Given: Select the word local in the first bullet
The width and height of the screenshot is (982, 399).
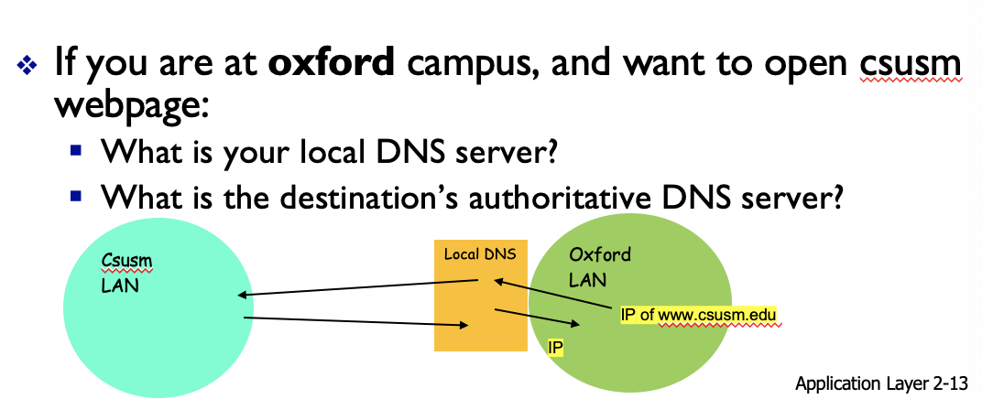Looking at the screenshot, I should pyautogui.click(x=327, y=150).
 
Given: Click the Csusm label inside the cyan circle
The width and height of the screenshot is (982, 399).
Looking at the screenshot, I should pyautogui.click(x=126, y=262).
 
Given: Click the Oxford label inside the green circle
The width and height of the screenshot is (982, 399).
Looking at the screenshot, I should pyautogui.click(x=600, y=254).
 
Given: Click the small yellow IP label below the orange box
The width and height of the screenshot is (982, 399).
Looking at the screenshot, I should pyautogui.click(x=554, y=348).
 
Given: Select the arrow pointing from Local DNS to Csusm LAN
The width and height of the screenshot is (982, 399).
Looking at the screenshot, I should pyautogui.click(x=357, y=289).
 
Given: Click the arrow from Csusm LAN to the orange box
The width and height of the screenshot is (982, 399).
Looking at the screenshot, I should pyautogui.click(x=357, y=321).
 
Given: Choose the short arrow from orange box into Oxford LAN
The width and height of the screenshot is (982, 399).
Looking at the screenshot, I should pyautogui.click(x=537, y=317).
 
